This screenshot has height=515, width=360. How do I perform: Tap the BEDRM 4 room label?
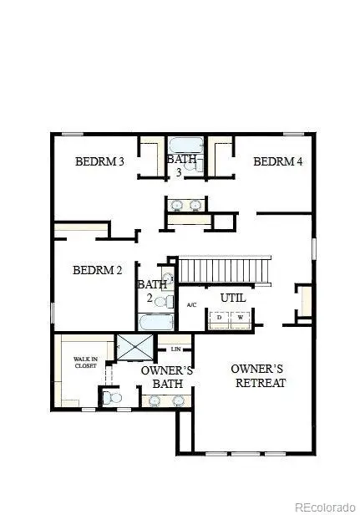(277, 161)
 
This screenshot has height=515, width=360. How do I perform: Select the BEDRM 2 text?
(97, 270)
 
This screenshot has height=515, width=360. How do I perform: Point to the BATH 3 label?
(180, 165)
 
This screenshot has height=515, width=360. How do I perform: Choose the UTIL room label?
(232, 298)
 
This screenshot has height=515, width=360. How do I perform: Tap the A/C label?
(191, 304)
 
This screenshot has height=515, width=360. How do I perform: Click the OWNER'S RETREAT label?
(258, 375)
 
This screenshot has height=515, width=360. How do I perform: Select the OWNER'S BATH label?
(166, 377)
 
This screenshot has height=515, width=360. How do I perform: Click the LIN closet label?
(176, 349)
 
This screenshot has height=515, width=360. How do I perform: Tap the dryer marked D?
(220, 318)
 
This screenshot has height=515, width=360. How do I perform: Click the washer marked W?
(241, 318)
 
